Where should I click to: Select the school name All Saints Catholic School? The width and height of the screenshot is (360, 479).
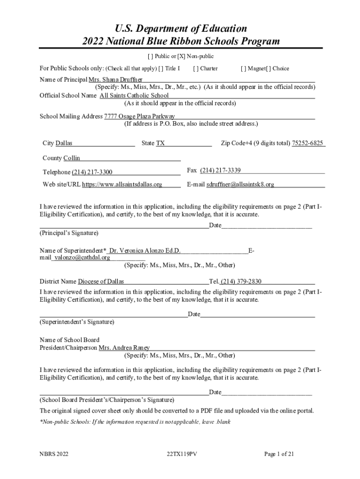[x=134, y=95]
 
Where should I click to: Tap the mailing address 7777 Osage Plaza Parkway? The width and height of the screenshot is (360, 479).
[x=139, y=116]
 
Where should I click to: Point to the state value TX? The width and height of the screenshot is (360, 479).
[x=160, y=143]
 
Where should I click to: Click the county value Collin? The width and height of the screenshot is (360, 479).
[x=72, y=158]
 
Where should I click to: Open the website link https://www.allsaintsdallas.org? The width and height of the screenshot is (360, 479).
[x=122, y=184]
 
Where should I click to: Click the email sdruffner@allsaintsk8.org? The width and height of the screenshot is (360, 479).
[x=240, y=184]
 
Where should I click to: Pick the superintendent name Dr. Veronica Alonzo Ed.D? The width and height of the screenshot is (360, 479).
[x=145, y=251]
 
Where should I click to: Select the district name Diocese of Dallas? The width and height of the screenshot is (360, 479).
[x=101, y=282]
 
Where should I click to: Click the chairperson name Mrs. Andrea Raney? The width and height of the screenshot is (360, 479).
[x=124, y=348]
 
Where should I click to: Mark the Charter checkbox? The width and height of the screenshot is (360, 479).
[x=195, y=68]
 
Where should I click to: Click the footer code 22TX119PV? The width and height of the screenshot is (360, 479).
[x=180, y=454]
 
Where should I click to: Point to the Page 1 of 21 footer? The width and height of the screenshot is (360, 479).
[x=279, y=454]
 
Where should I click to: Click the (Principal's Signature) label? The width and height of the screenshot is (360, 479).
[x=69, y=232]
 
